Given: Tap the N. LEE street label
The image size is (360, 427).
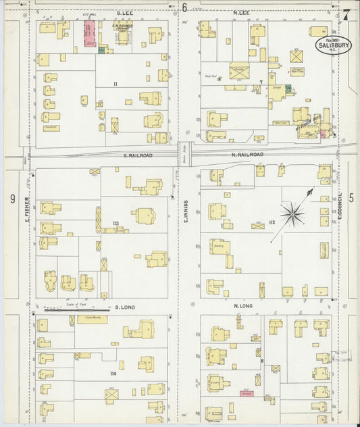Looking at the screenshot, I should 241,13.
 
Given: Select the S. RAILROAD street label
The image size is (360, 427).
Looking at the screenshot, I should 138,155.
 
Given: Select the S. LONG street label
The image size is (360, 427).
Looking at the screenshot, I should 126,307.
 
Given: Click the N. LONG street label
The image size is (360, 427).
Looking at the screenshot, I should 242,306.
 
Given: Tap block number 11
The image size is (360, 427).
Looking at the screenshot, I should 115,83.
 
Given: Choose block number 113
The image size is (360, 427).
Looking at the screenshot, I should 115,223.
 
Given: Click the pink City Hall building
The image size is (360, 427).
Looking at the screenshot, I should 88,34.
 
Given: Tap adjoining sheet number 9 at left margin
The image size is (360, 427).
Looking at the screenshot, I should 12,199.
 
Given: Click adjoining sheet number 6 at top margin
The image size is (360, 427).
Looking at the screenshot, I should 184,8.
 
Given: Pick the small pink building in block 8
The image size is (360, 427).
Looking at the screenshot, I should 247,394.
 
